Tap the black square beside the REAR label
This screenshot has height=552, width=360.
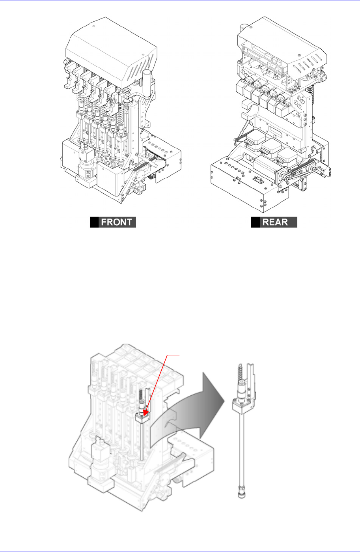pos(256,222)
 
